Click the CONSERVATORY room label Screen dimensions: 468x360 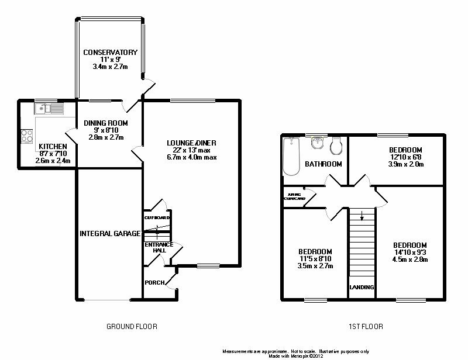tap(110, 53)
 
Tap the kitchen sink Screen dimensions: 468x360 tap(50, 108)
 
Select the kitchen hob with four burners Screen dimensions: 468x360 tap(27, 136)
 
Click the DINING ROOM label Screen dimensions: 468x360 tap(105, 123)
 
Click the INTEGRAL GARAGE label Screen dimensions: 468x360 tap(110, 234)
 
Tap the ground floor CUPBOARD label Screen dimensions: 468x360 tap(156, 217)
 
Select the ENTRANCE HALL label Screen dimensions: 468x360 tap(156, 247)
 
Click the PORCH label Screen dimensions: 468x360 tap(154, 283)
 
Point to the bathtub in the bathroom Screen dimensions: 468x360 tap(291, 156)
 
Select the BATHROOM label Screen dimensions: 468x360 tap(323, 164)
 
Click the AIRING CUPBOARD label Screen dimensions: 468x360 tap(294, 196)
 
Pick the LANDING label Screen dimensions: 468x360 tap(362, 288)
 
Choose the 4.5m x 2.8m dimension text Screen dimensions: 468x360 tap(409, 259)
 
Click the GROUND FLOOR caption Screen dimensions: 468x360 tap(132, 327)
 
